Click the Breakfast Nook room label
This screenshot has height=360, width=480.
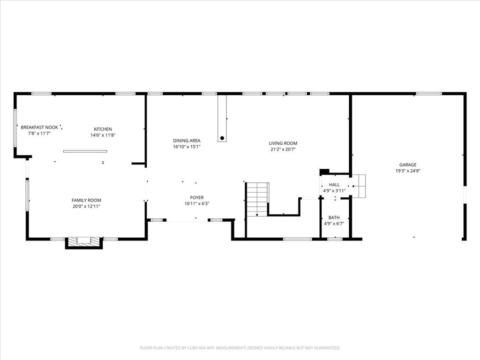[x=39, y=127]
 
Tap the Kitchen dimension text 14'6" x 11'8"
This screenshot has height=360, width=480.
[x=103, y=135]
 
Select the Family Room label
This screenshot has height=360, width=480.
[x=86, y=200]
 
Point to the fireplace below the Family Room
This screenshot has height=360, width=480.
[x=84, y=242]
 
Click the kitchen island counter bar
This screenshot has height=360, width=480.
[x=85, y=151]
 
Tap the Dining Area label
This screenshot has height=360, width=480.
[x=187, y=141]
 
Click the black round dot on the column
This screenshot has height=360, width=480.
[x=222, y=138]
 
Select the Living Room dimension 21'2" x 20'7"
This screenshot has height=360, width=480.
[x=283, y=150]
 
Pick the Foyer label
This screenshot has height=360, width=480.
[x=196, y=197]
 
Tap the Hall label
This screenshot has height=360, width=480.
[x=334, y=185]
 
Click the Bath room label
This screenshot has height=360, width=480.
[x=334, y=217]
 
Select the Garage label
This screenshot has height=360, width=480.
[x=407, y=165]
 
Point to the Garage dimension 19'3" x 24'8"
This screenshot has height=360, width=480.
[x=407, y=171]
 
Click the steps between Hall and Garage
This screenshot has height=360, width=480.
[x=359, y=186]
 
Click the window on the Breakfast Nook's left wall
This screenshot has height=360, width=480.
[x=15, y=127]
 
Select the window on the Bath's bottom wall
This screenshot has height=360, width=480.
[x=335, y=239]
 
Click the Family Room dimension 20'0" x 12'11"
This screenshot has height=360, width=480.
[x=86, y=206]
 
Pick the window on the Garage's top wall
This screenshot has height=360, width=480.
[x=428, y=94]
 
